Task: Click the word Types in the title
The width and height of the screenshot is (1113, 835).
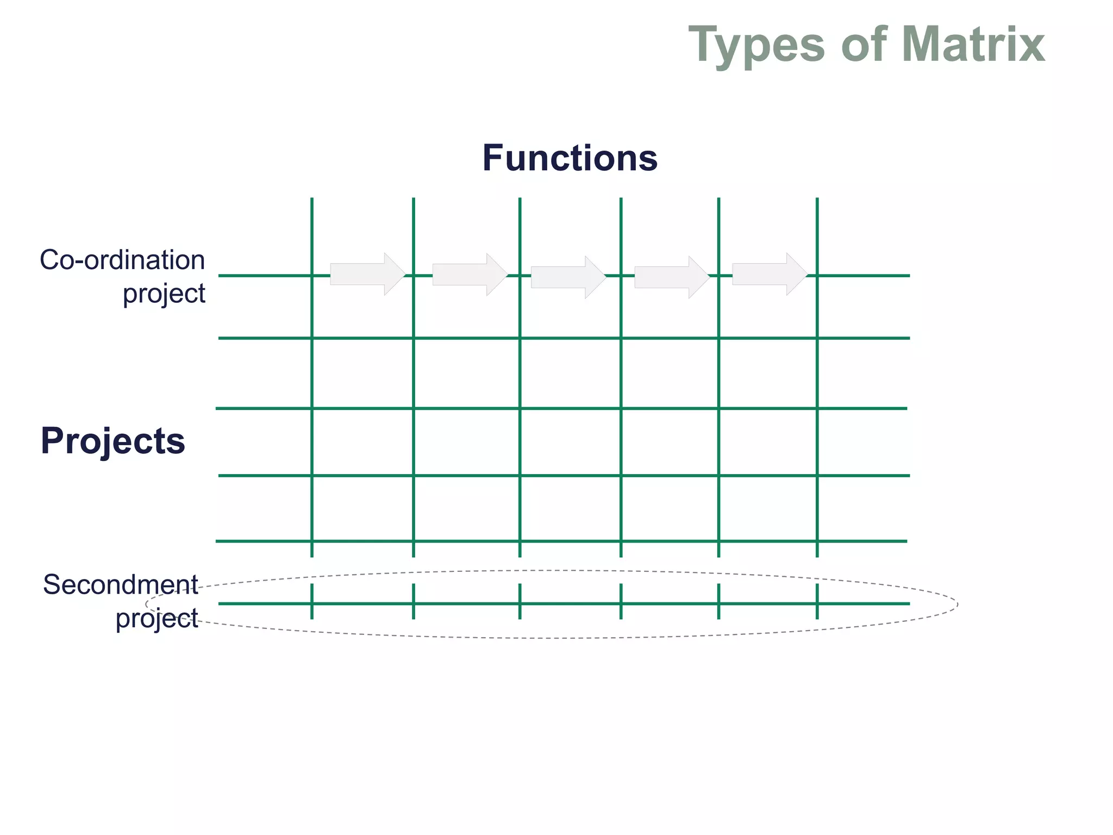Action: pyautogui.click(x=756, y=46)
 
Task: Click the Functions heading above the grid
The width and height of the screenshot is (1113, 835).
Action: pyautogui.click(x=570, y=158)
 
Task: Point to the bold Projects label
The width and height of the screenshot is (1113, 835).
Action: pyautogui.click(x=113, y=441)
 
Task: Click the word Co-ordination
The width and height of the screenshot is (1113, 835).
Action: pyautogui.click(x=122, y=260)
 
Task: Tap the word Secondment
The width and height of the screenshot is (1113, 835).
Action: pyautogui.click(x=121, y=585)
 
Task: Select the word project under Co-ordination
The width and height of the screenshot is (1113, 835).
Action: pyautogui.click(x=164, y=294)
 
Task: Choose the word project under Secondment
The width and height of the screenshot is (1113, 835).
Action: pyautogui.click(x=157, y=619)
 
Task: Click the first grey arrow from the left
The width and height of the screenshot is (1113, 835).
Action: pyautogui.click(x=367, y=274)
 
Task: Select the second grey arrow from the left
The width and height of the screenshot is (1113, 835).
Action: pyautogui.click(x=470, y=275)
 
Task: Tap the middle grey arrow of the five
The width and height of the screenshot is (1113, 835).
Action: pyautogui.click(x=568, y=277)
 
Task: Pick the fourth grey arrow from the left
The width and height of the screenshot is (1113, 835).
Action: pyautogui.click(x=672, y=277)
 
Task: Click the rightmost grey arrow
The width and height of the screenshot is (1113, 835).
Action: pyautogui.click(x=770, y=274)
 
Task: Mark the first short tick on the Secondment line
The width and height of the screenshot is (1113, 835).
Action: pyautogui.click(x=312, y=601)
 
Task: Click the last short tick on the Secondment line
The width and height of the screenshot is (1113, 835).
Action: pyautogui.click(x=817, y=601)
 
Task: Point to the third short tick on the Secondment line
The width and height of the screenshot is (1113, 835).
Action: pyautogui.click(x=520, y=601)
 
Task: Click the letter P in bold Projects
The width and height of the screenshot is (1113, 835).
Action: pyautogui.click(x=52, y=440)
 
